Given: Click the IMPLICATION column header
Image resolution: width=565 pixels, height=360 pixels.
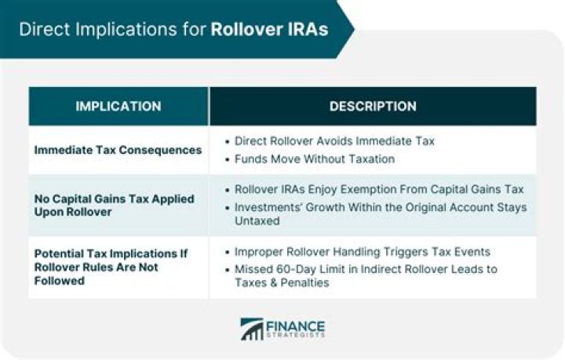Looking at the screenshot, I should coord(118,106).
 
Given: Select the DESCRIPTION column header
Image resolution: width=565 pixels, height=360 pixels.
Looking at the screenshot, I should coord(373,106).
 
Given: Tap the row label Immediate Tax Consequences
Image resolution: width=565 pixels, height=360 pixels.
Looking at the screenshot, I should coord(118,150).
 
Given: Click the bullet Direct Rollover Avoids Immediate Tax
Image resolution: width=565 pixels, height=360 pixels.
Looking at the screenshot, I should coord(334,141).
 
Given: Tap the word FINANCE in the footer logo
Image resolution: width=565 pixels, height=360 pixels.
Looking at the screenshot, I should coord(297,324).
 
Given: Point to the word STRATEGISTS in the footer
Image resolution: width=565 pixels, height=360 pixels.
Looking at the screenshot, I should coord(297,336).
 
